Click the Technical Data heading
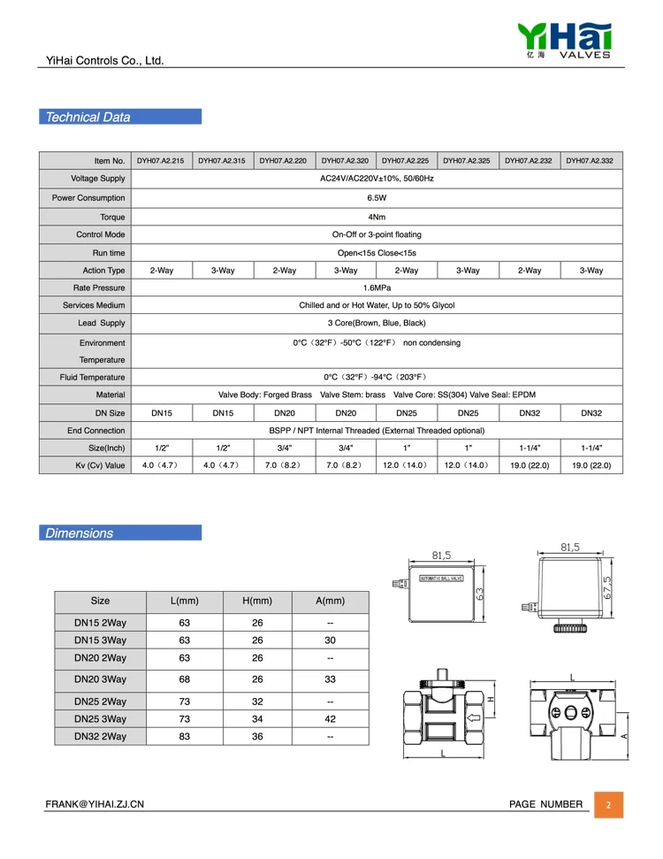coord(88,117)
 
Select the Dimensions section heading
coord(80,533)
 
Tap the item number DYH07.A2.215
coord(160,161)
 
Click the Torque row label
coord(112,217)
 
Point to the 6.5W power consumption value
coord(377,198)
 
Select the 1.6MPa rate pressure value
coord(377,288)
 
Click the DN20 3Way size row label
coord(100,679)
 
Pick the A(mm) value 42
coord(330,718)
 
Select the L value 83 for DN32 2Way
coord(184,736)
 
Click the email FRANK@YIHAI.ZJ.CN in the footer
coord(95,804)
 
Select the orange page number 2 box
coord(607,805)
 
